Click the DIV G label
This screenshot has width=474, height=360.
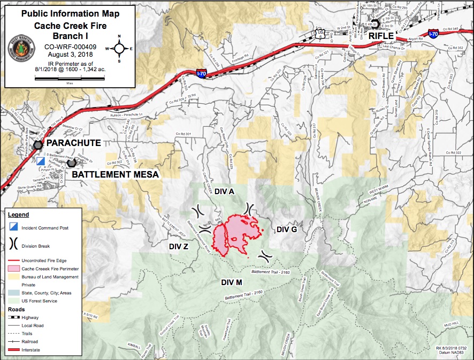pyautogui.click(x=287, y=229)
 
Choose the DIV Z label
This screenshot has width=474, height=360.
pyautogui.click(x=179, y=247)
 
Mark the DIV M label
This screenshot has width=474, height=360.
pyautogui.click(x=232, y=282)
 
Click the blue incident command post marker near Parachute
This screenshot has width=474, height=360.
pyautogui.click(x=41, y=161)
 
